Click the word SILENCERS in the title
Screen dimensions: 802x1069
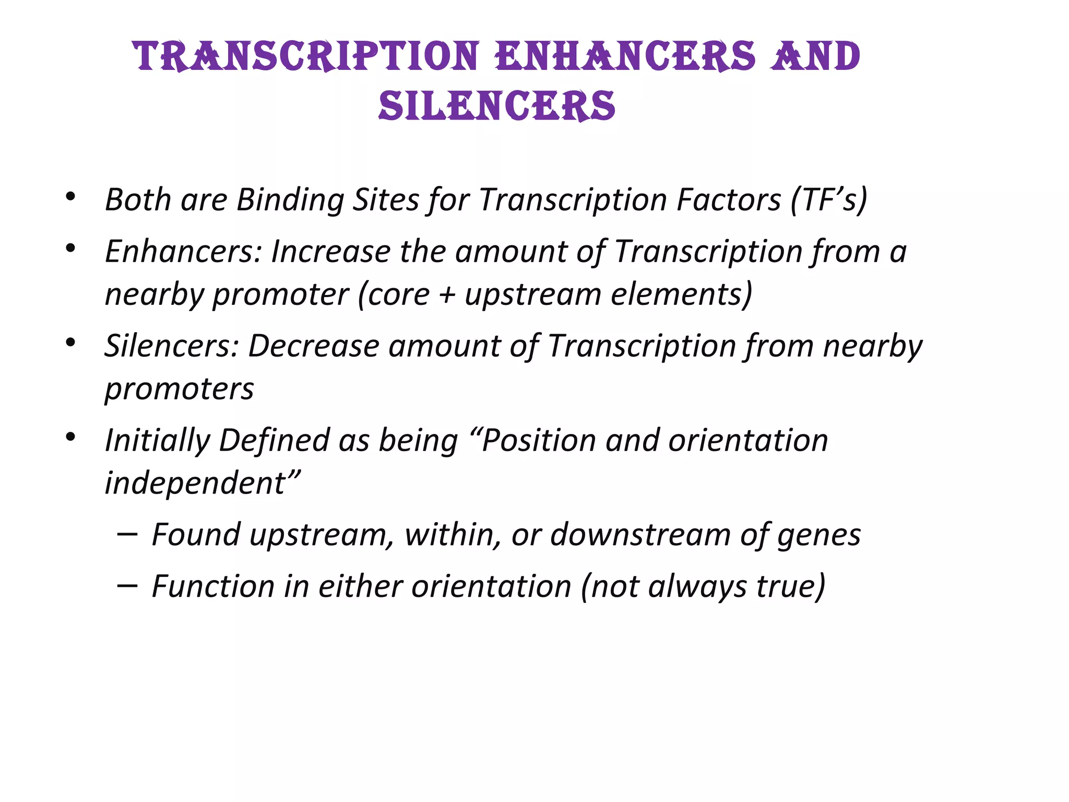[x=497, y=106]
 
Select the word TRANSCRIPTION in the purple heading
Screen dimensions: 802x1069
[x=306, y=56]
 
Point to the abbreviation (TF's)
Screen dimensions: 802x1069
[x=829, y=199]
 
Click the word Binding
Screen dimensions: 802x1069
[x=290, y=200]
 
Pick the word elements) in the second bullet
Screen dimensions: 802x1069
[x=682, y=294]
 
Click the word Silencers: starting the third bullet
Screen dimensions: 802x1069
[x=172, y=346]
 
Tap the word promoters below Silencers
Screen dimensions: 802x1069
[x=179, y=390]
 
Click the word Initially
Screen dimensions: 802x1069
[x=157, y=441]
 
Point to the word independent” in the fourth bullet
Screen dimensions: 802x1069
[x=203, y=482]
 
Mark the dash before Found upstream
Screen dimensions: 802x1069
[x=127, y=535]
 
